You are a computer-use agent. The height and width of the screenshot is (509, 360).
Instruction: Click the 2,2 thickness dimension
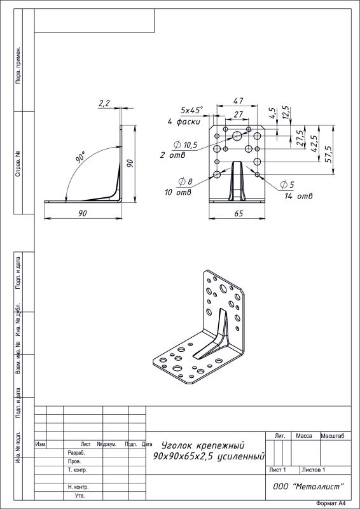[104, 103]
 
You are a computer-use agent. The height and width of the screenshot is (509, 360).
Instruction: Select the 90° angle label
[81, 157]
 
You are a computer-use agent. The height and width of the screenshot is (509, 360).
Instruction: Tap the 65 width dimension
[239, 213]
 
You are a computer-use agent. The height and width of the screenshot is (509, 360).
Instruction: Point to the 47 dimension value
[239, 101]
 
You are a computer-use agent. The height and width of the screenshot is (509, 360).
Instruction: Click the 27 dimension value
[239, 115]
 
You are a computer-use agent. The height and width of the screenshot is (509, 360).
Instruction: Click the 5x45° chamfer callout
[192, 110]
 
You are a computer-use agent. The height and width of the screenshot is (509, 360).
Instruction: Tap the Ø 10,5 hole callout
[186, 145]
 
